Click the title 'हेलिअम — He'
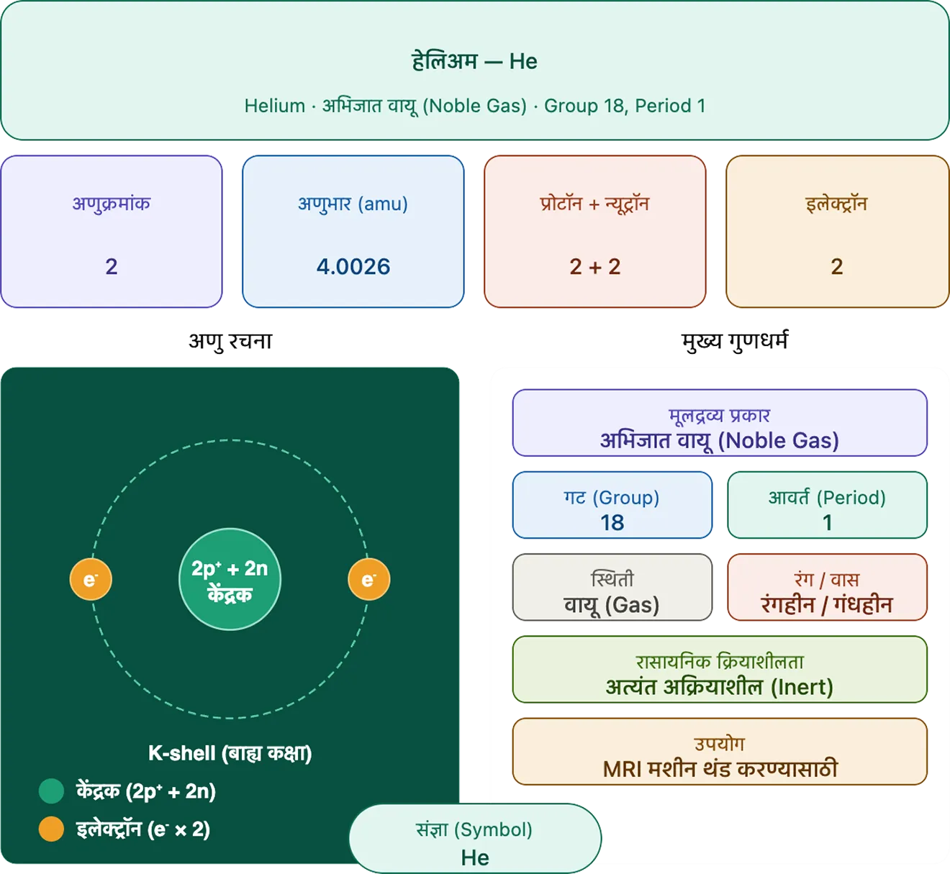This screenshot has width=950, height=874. (x=474, y=61)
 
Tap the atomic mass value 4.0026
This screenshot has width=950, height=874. (x=353, y=267)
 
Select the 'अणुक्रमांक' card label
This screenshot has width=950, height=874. (x=112, y=204)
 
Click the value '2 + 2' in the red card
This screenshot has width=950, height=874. (x=594, y=267)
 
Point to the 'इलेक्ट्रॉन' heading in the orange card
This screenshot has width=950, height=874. (x=836, y=204)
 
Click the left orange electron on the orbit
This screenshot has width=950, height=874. (x=91, y=579)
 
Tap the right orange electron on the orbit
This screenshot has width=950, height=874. (x=369, y=579)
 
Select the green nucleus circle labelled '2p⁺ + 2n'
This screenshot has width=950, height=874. (x=230, y=579)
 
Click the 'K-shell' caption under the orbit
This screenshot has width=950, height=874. (x=230, y=753)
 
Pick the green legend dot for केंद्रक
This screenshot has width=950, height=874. (x=51, y=791)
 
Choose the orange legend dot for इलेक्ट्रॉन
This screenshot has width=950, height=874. (x=51, y=829)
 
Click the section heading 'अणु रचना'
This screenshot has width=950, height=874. (x=230, y=341)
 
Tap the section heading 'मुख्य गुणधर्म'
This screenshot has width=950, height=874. (x=735, y=341)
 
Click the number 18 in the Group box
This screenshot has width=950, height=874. (x=612, y=523)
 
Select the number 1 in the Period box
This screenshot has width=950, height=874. (x=827, y=523)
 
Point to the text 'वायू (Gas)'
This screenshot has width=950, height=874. (x=612, y=605)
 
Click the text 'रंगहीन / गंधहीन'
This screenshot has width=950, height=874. (x=827, y=604)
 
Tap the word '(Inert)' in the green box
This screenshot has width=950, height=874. (x=802, y=687)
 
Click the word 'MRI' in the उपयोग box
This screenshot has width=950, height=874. (x=622, y=770)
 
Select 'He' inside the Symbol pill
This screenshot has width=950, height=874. (x=475, y=857)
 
